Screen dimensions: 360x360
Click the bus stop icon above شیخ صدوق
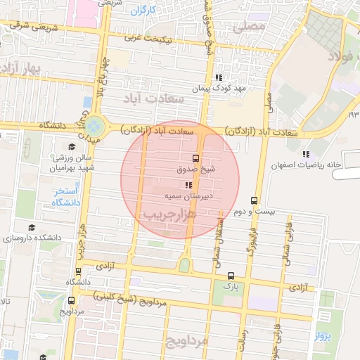pos(195,158)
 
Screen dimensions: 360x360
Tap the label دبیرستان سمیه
pos(189,196)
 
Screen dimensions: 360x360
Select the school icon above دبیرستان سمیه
pos(188,186)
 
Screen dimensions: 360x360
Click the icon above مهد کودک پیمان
pos(219,77)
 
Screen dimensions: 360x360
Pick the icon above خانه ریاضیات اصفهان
pos(305,153)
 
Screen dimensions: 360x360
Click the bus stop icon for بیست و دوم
pos(254,200)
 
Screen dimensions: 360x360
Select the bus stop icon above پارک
pos(231,275)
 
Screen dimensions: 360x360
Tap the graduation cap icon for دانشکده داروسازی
pos(31,227)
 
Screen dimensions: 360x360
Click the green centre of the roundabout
pos(94,127)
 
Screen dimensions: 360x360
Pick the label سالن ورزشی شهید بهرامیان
pos(70,161)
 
